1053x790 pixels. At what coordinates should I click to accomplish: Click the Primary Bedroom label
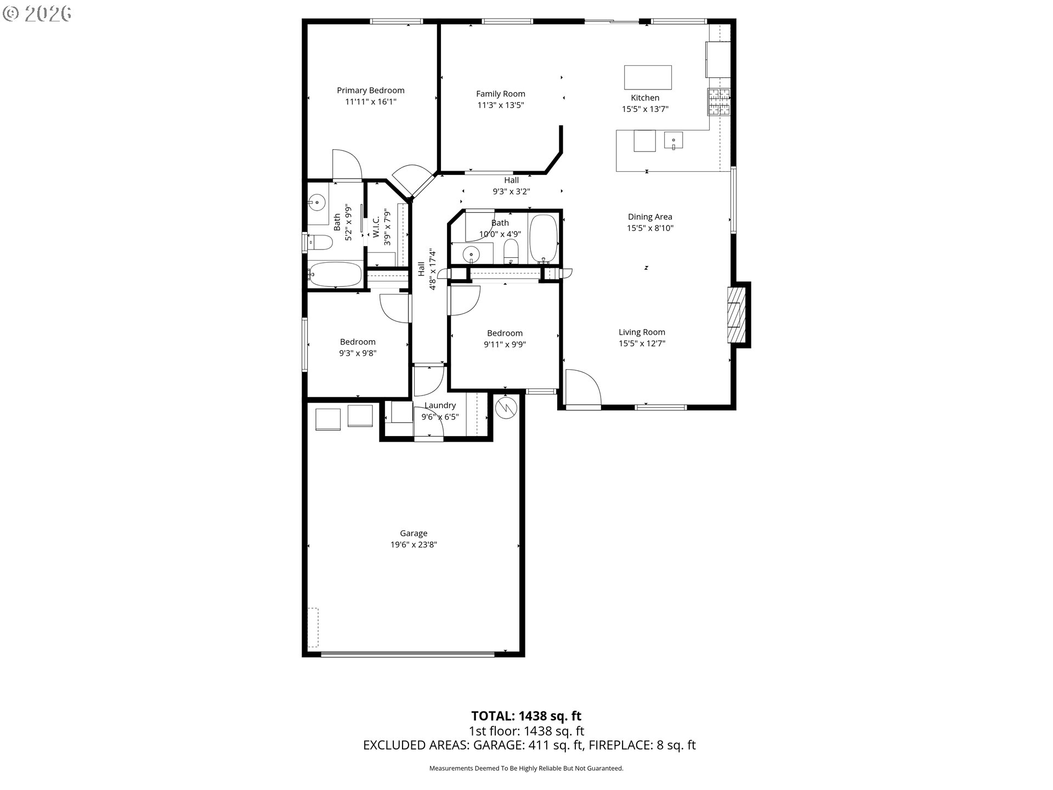tap(370, 91)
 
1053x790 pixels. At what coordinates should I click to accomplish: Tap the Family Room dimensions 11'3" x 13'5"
tap(500, 105)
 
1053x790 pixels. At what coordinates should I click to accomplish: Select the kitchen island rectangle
tap(648, 77)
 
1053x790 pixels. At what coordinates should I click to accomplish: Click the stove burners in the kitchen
tap(719, 102)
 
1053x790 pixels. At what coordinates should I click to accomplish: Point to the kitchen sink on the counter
tap(673, 140)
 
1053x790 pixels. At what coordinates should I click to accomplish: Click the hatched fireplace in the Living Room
tap(734, 315)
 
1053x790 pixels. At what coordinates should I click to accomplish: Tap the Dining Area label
tap(650, 217)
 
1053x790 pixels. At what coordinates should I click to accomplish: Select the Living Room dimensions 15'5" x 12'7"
tap(642, 343)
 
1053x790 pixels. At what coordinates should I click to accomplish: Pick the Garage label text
tap(414, 533)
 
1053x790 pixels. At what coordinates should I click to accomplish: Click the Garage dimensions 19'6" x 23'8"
tap(414, 545)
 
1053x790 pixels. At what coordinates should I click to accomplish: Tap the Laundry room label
tap(440, 405)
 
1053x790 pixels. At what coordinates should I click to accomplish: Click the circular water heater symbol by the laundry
tap(506, 408)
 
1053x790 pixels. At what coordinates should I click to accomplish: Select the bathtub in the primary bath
tap(335, 273)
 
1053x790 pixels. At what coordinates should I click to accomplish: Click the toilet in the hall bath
tap(511, 252)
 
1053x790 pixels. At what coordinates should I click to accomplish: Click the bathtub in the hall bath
tap(544, 239)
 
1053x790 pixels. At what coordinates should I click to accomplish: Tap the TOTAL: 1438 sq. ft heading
tap(526, 716)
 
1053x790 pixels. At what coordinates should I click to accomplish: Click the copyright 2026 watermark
tap(37, 14)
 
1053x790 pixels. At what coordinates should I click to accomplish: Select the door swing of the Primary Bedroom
tap(347, 164)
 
